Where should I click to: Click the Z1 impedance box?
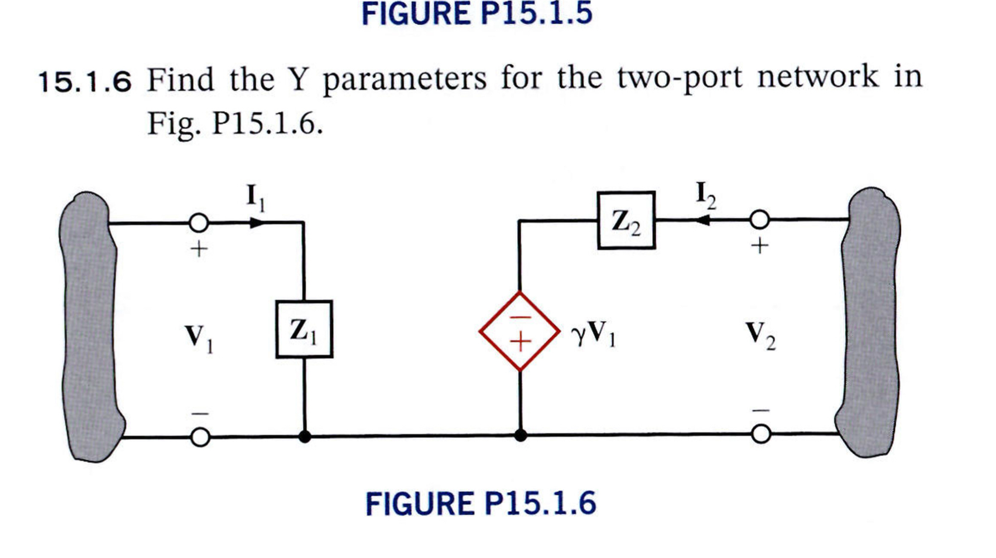click(304, 329)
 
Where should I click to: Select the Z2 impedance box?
click(626, 220)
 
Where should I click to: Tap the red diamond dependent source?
click(519, 331)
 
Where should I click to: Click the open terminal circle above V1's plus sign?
click(199, 223)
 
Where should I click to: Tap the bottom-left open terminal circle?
click(200, 437)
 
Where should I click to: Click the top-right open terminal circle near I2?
click(759, 220)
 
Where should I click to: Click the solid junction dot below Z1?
click(304, 437)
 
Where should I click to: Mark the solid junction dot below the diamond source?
click(520, 435)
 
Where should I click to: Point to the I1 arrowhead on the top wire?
click(256, 223)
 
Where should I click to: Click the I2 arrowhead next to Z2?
click(703, 220)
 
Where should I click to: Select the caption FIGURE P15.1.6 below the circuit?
click(480, 503)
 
